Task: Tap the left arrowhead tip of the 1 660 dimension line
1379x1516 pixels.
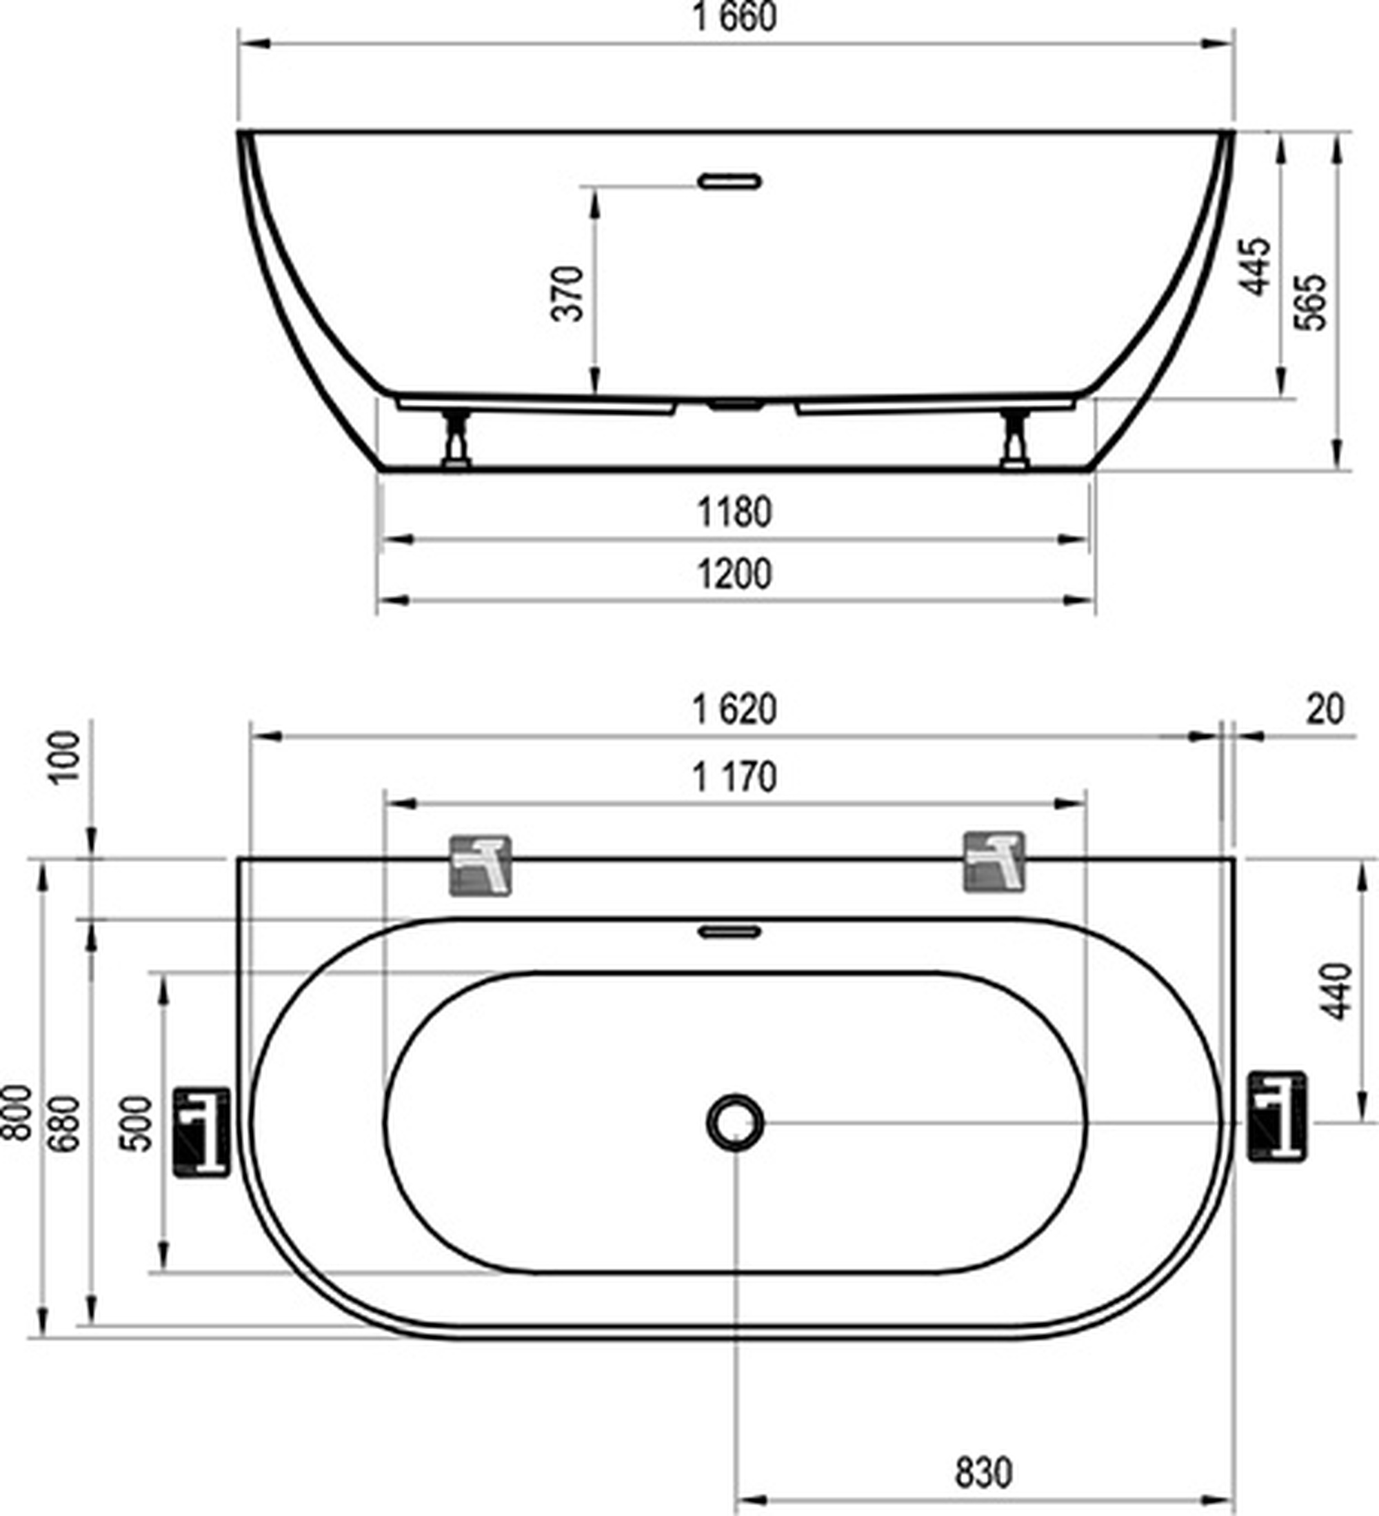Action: pyautogui.click(x=239, y=43)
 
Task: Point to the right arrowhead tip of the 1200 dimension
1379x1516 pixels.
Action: pyautogui.click(x=1094, y=600)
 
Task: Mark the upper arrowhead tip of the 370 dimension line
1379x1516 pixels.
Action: pyautogui.click(x=595, y=188)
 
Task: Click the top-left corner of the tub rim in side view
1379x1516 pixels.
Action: pyautogui.click(x=239, y=132)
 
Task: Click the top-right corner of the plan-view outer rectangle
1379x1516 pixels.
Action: pyautogui.click(x=1234, y=858)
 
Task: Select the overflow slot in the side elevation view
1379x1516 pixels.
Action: pyautogui.click(x=729, y=181)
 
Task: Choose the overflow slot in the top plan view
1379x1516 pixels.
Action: pyautogui.click(x=729, y=932)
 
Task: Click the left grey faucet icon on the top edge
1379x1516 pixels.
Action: pyautogui.click(x=480, y=866)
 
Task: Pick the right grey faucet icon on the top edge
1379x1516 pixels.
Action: pyautogui.click(x=994, y=863)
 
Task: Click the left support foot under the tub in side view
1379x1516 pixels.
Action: pyautogui.click(x=456, y=439)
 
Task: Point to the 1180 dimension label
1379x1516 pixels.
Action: pyautogui.click(x=734, y=512)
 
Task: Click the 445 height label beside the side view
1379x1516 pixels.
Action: pyautogui.click(x=1254, y=267)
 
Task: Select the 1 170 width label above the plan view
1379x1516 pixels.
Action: pyautogui.click(x=734, y=777)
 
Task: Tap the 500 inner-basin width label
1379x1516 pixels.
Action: pyautogui.click(x=136, y=1124)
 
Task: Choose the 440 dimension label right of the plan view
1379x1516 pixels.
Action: pyautogui.click(x=1338, y=991)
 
